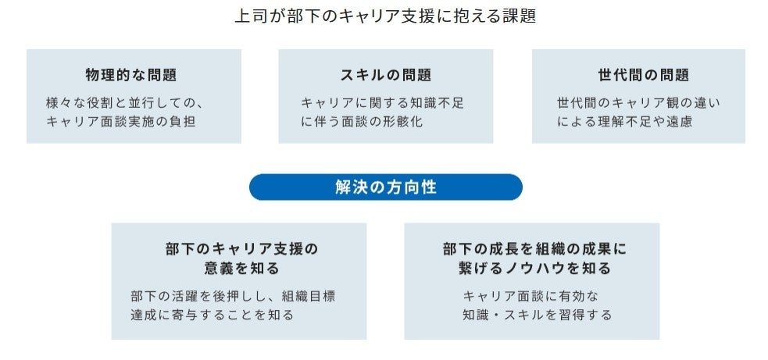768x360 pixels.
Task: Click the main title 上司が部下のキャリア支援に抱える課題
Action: pos(385,16)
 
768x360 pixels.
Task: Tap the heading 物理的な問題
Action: pos(131,76)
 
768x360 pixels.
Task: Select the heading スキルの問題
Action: pos(385,76)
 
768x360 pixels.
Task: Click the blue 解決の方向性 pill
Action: pos(385,187)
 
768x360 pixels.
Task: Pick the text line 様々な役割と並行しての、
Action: pos(125,102)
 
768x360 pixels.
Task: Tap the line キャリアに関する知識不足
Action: pos(382,102)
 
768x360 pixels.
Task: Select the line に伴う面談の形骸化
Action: pos(362,122)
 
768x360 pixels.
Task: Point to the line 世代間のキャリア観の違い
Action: pos(638,102)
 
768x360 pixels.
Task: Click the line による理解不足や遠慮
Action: pos(624,122)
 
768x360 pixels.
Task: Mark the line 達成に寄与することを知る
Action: pos(212,315)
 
